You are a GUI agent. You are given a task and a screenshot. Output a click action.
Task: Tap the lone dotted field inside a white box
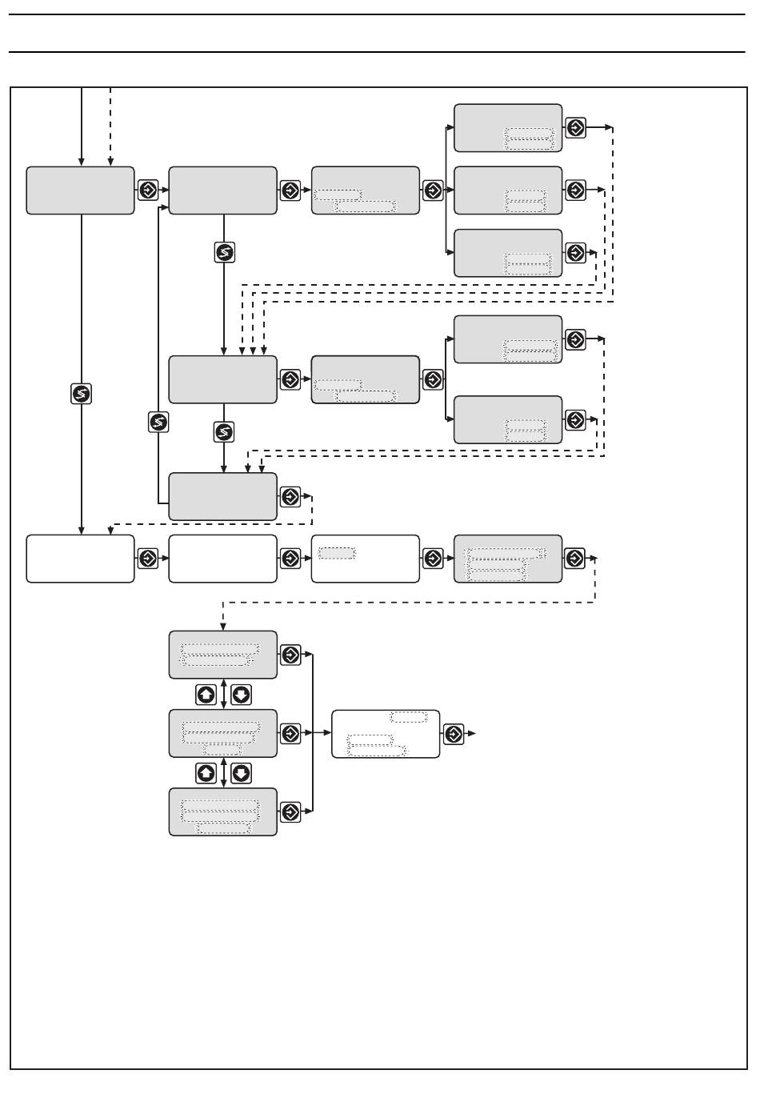[336, 553]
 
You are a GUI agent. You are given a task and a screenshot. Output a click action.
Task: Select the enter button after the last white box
[454, 734]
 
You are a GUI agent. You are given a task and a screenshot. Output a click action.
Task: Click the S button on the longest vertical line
[82, 394]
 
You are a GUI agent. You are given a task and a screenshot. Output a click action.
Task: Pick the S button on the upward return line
[158, 422]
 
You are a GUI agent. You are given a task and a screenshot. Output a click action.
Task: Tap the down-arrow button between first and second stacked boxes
[241, 695]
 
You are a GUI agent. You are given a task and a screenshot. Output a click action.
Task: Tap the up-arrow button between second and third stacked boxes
[206, 773]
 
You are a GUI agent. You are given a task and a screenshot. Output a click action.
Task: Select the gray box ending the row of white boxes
[507, 559]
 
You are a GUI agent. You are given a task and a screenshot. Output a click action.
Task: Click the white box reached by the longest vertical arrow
[80, 559]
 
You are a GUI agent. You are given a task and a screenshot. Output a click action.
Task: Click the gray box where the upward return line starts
[222, 496]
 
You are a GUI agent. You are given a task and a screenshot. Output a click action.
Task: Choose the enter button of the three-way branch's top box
[575, 127]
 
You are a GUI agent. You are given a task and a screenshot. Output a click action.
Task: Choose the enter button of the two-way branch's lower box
[575, 419]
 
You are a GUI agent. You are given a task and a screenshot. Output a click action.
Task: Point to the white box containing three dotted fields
[386, 734]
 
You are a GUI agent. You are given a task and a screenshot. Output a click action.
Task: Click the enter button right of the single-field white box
[433, 559]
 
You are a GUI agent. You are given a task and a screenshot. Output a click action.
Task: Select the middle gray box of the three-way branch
[507, 190]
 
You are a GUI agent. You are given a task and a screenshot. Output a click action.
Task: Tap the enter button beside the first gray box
[148, 190]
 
